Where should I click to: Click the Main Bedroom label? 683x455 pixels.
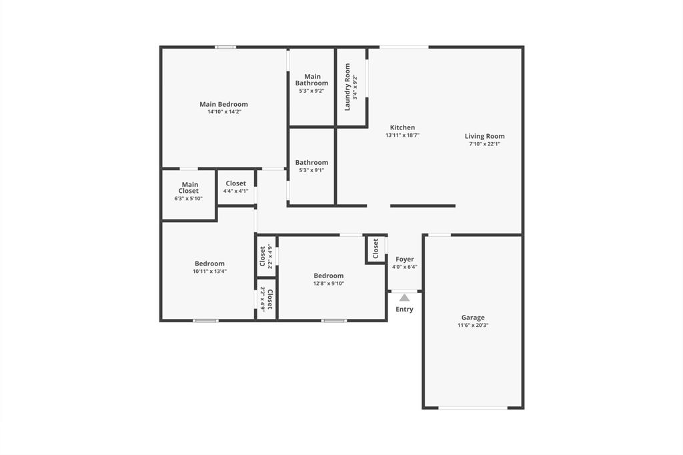point(223,104)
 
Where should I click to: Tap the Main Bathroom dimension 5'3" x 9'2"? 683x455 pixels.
point(311,91)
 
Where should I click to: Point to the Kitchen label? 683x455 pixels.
point(402,127)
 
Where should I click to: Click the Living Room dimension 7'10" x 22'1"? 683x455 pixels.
point(484,143)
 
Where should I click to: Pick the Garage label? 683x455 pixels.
point(473,318)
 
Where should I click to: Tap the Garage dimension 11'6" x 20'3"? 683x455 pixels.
point(473,326)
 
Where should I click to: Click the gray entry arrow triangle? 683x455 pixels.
point(404,298)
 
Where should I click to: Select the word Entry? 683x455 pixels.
point(404,310)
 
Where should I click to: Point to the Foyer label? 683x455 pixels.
point(404,260)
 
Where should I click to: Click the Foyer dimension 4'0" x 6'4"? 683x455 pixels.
point(404,267)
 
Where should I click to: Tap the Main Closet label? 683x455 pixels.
point(189,188)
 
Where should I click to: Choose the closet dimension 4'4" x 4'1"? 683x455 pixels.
point(235,191)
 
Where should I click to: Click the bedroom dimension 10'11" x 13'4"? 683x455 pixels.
point(209,271)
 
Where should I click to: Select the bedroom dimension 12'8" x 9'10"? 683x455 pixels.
point(329,284)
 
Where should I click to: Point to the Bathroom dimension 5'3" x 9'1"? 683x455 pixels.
point(311,170)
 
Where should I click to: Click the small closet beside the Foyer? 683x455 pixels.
point(376,249)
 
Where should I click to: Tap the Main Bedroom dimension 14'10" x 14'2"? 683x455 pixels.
point(223,112)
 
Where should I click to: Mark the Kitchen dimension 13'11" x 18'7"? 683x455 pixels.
point(402,135)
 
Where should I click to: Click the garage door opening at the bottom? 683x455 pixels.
point(473,408)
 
